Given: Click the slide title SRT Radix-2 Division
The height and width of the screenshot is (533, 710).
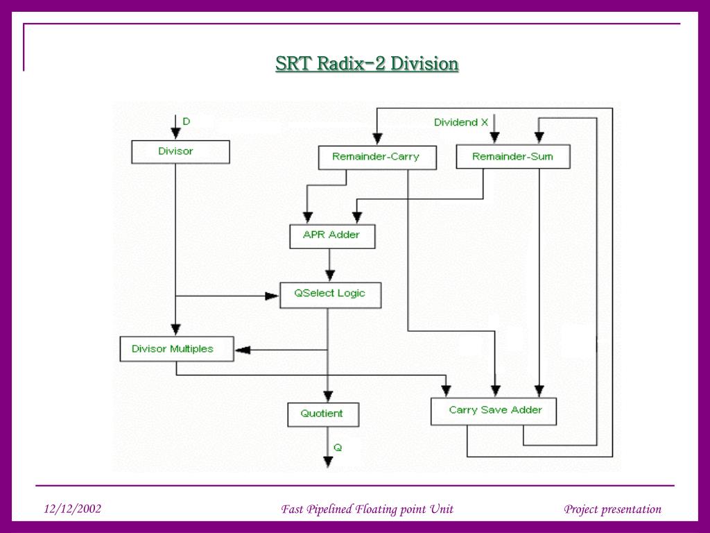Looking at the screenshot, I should [x=367, y=64].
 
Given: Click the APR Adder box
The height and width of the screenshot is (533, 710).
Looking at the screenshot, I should [x=332, y=236].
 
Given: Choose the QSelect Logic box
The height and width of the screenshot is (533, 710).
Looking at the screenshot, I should [x=330, y=294].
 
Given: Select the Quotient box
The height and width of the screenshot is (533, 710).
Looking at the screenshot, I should [x=322, y=414].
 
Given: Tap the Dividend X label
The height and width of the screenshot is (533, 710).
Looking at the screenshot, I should [x=461, y=123].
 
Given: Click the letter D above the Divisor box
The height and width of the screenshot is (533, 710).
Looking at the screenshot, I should [x=186, y=121].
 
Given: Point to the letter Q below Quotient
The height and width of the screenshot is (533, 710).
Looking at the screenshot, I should [x=338, y=448].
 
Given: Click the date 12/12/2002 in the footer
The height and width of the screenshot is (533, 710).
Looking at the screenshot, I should [x=72, y=509].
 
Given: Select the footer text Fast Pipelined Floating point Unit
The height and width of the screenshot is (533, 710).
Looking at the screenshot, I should [x=367, y=509].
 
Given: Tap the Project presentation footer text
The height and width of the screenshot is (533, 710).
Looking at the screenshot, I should [x=612, y=509].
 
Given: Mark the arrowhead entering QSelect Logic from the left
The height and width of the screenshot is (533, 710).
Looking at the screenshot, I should [x=272, y=296].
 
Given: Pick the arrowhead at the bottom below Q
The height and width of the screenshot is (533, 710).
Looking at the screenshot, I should [x=329, y=463].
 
